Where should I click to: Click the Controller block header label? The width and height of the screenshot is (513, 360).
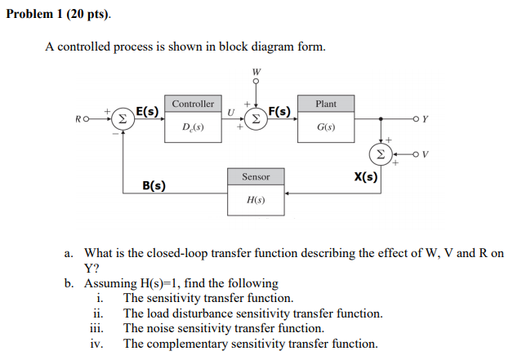[194, 104]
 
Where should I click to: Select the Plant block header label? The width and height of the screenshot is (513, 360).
[326, 104]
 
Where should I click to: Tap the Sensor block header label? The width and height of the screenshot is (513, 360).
[256, 176]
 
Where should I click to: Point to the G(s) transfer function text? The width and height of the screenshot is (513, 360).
[326, 128]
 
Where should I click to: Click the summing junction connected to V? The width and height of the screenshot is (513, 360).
[380, 153]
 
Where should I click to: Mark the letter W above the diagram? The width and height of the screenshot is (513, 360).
[256, 70]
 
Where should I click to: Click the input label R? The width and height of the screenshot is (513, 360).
[77, 119]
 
